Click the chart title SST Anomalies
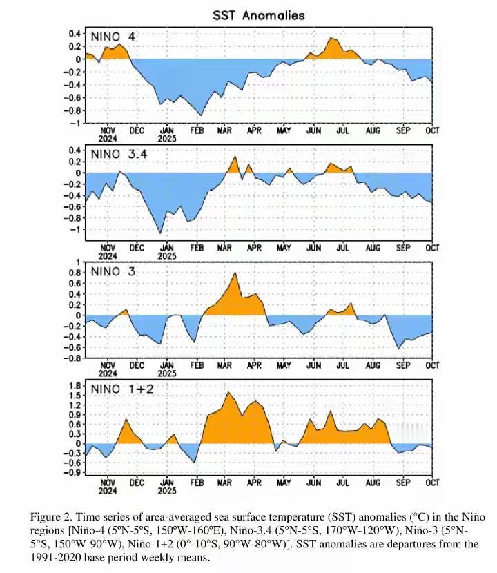pyautogui.click(x=259, y=14)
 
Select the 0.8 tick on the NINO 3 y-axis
pyautogui.click(x=74, y=273)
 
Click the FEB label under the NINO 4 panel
pyautogui.click(x=197, y=130)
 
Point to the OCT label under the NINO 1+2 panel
pyautogui.click(x=433, y=483)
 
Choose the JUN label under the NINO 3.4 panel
pyautogui.click(x=314, y=248)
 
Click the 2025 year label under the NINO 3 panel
pyautogui.click(x=166, y=373)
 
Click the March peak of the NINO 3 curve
pyautogui.click(x=235, y=273)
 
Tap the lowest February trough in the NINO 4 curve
pyautogui.click(x=202, y=115)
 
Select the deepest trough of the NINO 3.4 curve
pyautogui.click(x=161, y=233)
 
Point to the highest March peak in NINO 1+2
pyautogui.click(x=228, y=392)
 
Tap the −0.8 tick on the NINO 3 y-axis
pyautogui.click(x=72, y=358)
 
